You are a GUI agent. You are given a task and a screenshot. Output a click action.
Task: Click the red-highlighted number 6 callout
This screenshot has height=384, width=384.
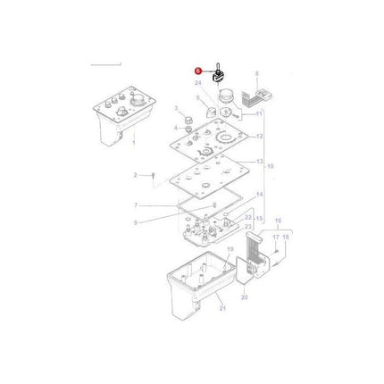[x=199, y=71]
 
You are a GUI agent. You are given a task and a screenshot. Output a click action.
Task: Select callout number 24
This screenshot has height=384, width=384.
[x=198, y=83]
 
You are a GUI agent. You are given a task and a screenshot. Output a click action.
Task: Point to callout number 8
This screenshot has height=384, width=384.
[x=257, y=74]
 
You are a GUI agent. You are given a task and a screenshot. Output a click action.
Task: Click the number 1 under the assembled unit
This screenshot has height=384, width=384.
[x=133, y=144]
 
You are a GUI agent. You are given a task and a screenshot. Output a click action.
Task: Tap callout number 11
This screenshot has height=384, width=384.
[x=259, y=114]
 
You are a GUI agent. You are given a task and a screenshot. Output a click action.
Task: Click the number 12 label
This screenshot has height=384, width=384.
[x=260, y=137]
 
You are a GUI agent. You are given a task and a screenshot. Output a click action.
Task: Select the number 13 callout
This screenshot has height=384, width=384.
[x=260, y=162]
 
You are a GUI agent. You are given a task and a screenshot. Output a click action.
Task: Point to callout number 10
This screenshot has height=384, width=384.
[x=271, y=166]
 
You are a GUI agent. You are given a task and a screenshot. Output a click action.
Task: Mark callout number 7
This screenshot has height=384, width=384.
[x=136, y=205]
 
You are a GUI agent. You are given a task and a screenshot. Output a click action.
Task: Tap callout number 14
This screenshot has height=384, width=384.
[x=260, y=195]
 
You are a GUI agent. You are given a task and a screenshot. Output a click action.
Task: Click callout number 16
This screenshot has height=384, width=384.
[x=277, y=220]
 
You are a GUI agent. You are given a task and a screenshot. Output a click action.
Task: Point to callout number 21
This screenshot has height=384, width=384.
[x=223, y=308]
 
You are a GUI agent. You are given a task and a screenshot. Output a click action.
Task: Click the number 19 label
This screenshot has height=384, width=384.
[x=230, y=251]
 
